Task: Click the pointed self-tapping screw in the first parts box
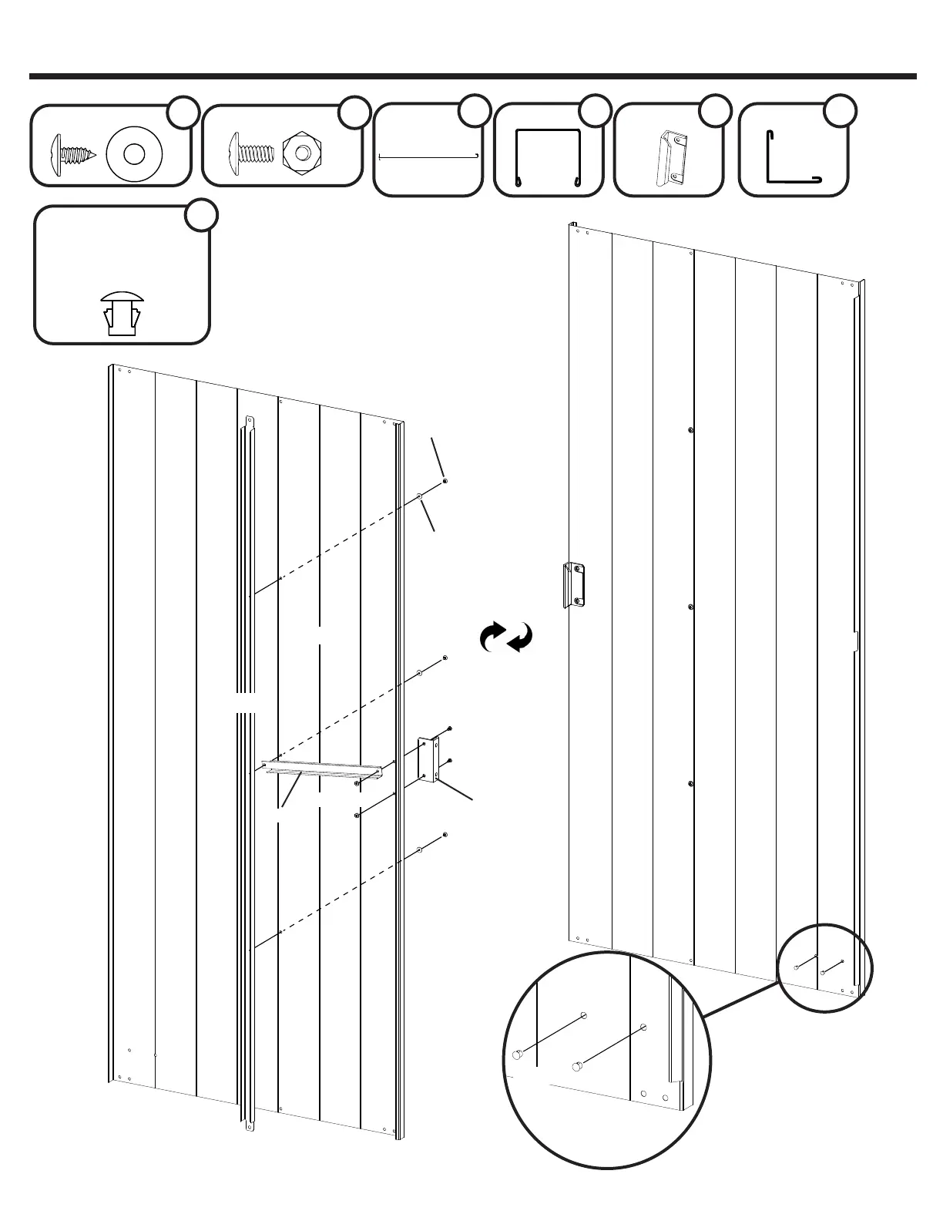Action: coord(72,151)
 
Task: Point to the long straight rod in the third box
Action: coord(428,157)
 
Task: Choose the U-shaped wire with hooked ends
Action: coord(547,157)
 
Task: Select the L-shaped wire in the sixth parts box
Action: coord(792,159)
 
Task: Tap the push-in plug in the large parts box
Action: coord(121,314)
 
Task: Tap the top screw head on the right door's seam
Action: coord(691,430)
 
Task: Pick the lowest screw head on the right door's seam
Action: coord(691,785)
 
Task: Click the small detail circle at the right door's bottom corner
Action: coord(824,967)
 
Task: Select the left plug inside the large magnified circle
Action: coord(518,1054)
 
